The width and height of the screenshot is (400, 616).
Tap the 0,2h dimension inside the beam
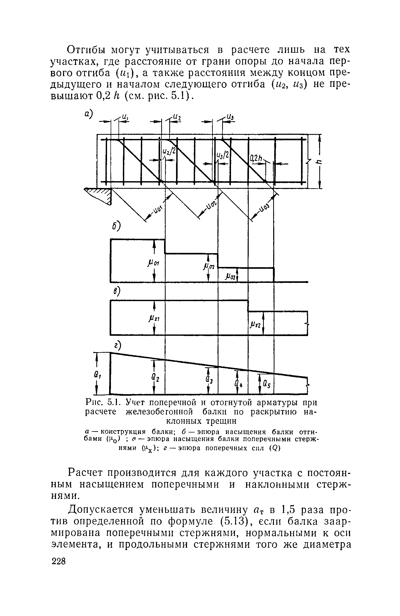[256, 158]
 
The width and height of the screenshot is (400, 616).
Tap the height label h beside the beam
[318, 161]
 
